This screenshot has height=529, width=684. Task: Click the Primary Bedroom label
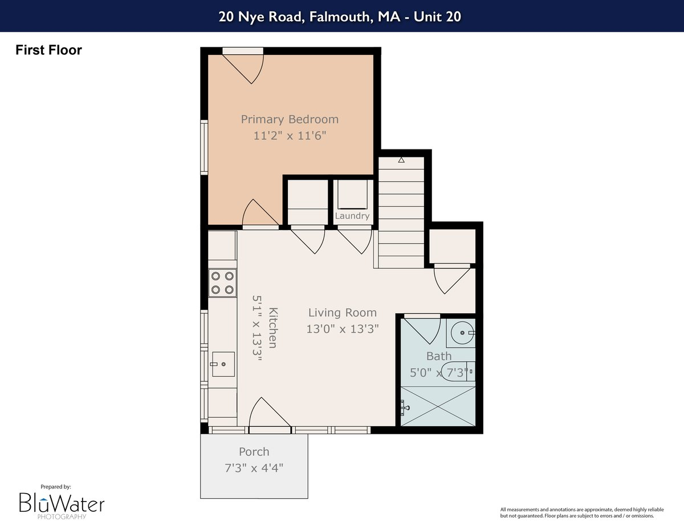click(x=290, y=119)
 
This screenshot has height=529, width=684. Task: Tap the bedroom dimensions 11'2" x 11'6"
click(x=290, y=136)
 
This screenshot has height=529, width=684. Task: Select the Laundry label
click(x=352, y=216)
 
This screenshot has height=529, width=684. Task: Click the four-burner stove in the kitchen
click(x=222, y=283)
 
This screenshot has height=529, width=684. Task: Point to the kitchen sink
click(x=223, y=364)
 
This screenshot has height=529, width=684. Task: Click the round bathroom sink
click(x=463, y=333)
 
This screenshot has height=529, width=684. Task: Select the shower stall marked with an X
click(x=438, y=406)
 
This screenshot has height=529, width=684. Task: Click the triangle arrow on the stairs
click(x=401, y=160)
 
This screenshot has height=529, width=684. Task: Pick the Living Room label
click(x=342, y=313)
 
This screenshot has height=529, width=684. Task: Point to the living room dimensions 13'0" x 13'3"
click(x=343, y=329)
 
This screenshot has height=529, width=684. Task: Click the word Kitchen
click(x=273, y=328)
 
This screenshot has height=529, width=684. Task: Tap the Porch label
click(x=254, y=452)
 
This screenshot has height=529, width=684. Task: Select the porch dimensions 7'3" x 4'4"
click(x=254, y=468)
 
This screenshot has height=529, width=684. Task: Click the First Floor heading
click(x=49, y=50)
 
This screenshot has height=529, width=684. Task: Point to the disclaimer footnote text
click(x=582, y=513)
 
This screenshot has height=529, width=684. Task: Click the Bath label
click(x=439, y=356)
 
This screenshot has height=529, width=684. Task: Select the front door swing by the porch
click(x=270, y=413)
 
